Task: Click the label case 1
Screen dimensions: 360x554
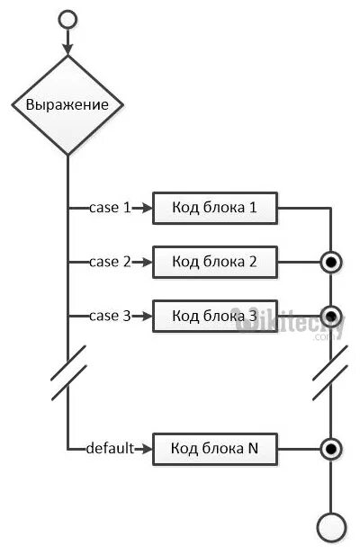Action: (110, 208)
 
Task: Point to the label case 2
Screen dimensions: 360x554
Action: (110, 262)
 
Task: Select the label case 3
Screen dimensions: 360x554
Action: (110, 316)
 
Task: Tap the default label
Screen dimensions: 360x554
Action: (111, 448)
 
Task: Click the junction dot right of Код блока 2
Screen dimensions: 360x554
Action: (331, 263)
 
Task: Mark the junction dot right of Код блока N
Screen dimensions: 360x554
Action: (331, 449)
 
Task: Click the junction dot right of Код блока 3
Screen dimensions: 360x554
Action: (331, 316)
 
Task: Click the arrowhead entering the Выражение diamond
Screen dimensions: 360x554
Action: (67, 49)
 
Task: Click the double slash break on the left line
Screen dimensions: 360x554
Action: (68, 372)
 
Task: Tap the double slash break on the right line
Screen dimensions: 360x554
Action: (330, 372)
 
